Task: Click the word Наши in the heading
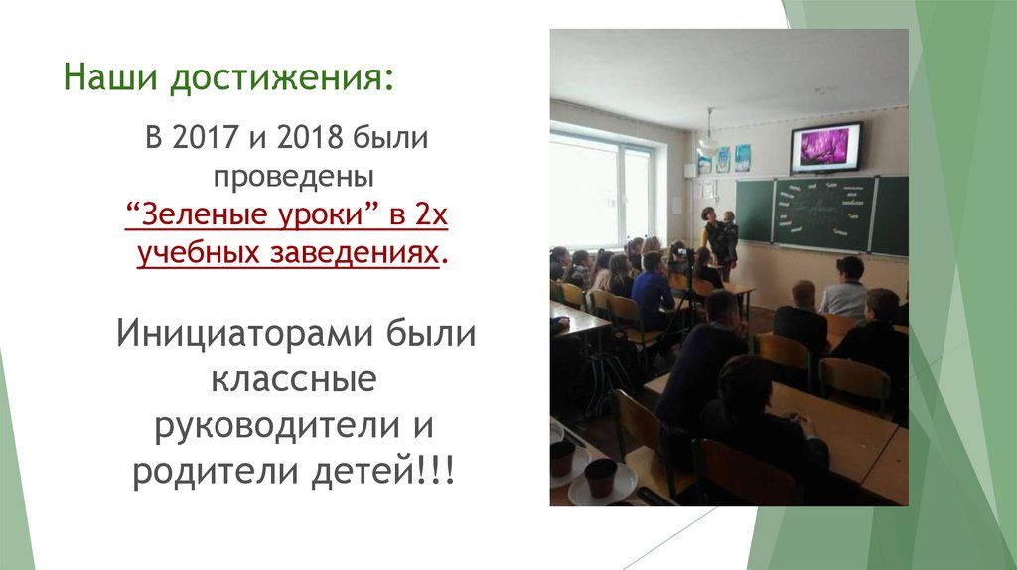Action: pos(111,76)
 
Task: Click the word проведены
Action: pos(294,177)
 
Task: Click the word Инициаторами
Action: pos(245,335)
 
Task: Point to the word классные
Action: pos(294,380)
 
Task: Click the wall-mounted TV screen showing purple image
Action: pos(825,147)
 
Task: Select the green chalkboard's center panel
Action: pos(824,214)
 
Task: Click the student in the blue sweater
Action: pos(652,291)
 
